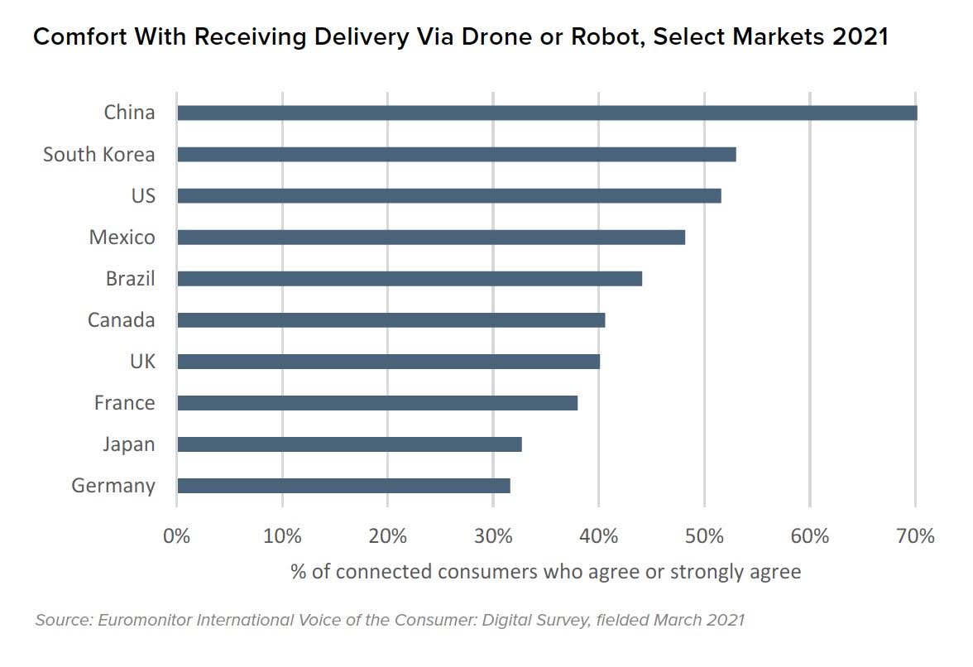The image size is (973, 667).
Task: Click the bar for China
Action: pyautogui.click(x=546, y=113)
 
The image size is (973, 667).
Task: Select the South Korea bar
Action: pyautogui.click(x=456, y=155)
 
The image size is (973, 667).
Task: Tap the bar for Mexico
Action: pyautogui.click(x=430, y=238)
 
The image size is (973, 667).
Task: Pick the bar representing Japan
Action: pyautogui.click(x=349, y=444)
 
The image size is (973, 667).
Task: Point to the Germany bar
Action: pyautogui.click(x=343, y=486)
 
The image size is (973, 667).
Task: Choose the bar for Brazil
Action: pyautogui.click(x=409, y=279)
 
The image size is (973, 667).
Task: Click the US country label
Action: pyautogui.click(x=142, y=196)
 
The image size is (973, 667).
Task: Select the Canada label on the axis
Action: pyautogui.click(x=121, y=320)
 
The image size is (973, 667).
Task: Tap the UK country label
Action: pyautogui.click(x=141, y=362)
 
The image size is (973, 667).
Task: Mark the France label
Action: pyautogui.click(x=124, y=403)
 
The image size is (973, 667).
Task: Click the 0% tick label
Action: pyautogui.click(x=177, y=536)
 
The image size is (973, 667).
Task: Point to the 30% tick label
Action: pyautogui.click(x=493, y=536)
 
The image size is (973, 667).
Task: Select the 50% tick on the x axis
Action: pyautogui.click(x=704, y=536)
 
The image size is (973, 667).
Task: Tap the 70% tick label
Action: pyautogui.click(x=915, y=536)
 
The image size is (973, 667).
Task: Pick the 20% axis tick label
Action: pyautogui.click(x=388, y=536)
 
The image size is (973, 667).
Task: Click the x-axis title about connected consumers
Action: pyautogui.click(x=545, y=572)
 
